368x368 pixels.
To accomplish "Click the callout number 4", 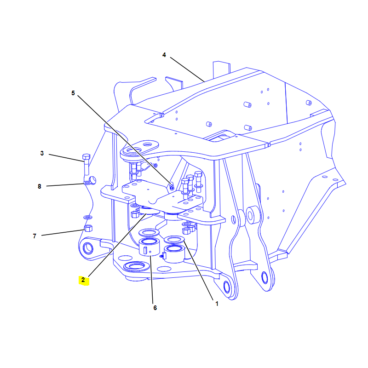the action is pyautogui.click(x=164, y=55).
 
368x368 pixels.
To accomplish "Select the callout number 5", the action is pyautogui.click(x=73, y=93).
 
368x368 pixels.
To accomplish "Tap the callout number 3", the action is pyautogui.click(x=42, y=153).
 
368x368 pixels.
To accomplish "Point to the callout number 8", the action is pyautogui.click(x=40, y=186).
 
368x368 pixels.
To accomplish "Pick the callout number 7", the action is pyautogui.click(x=35, y=236).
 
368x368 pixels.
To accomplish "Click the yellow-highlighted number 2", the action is pyautogui.click(x=83, y=280).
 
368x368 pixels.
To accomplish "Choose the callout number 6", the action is pyautogui.click(x=155, y=308).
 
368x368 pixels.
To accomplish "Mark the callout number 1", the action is pyautogui.click(x=217, y=304).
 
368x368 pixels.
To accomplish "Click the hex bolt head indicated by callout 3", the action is pyautogui.click(x=86, y=156).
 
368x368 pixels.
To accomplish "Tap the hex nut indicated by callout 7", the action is pyautogui.click(x=88, y=228).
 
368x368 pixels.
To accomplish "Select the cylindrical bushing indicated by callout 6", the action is pyautogui.click(x=149, y=247).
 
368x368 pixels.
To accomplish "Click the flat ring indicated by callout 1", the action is pyautogui.click(x=174, y=240).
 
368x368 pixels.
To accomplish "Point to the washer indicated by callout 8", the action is pyautogui.click(x=87, y=183).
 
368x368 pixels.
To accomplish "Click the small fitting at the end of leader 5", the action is pyautogui.click(x=172, y=187).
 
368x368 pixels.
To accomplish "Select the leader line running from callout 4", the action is pyautogui.click(x=187, y=69).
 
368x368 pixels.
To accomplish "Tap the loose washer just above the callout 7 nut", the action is pyautogui.click(x=88, y=217).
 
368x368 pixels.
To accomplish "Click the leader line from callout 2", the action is pyautogui.click(x=117, y=245).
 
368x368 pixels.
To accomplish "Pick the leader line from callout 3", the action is pyautogui.click(x=66, y=158).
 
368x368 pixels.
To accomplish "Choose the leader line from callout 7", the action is pyautogui.click(x=63, y=233).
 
